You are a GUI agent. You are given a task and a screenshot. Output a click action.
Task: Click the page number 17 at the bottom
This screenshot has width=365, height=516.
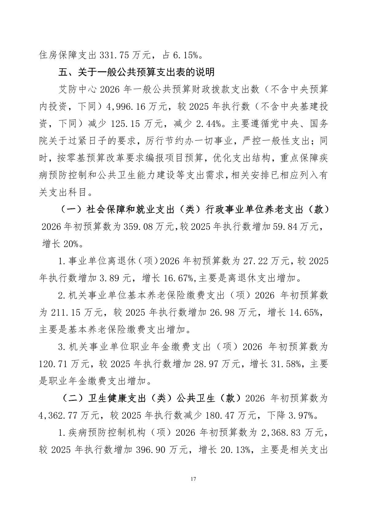click(x=193, y=479)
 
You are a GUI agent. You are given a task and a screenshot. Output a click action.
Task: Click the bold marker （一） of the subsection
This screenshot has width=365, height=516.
click(x=71, y=210)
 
